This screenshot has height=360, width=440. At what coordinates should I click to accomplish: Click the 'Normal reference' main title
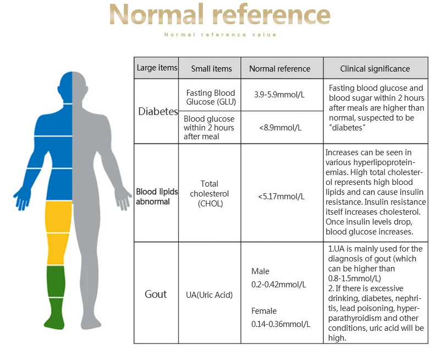tap(220, 15)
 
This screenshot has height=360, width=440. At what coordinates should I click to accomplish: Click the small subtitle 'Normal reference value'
tap(220, 35)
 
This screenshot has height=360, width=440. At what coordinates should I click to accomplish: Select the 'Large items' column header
tap(157, 68)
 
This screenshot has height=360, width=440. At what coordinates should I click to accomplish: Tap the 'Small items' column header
tap(211, 69)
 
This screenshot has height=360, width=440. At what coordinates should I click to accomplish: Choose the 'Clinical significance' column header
tap(375, 69)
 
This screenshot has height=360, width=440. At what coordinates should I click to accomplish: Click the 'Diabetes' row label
tap(158, 112)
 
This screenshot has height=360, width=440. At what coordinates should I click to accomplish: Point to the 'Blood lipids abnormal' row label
tap(157, 197)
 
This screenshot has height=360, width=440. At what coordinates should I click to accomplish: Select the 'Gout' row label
tap(156, 294)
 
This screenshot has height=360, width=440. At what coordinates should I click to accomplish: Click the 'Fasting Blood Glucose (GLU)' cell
tap(210, 97)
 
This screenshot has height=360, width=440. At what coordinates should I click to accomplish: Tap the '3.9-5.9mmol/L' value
tap(279, 95)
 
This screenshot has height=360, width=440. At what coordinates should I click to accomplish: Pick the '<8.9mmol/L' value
tap(279, 128)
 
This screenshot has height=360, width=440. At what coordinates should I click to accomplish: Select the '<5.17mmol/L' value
tap(280, 196)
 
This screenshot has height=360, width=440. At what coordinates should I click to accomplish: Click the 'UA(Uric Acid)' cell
tap(209, 295)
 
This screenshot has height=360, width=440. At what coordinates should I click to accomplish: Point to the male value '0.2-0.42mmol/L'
tap(278, 285)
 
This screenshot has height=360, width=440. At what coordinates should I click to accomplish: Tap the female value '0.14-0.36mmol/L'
tap(280, 324)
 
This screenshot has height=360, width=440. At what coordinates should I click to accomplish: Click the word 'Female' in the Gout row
tap(264, 311)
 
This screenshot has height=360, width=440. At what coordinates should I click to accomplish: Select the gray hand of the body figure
tap(122, 198)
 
